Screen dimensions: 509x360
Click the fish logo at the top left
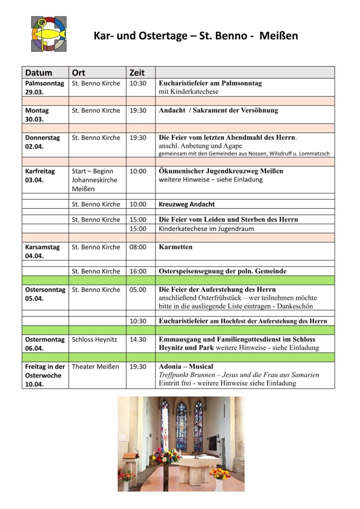[49, 34]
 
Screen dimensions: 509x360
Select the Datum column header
[39, 73]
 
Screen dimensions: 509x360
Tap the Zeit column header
[137, 73]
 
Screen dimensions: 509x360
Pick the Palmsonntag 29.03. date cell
[44, 87]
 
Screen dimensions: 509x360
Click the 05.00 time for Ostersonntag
[138, 289]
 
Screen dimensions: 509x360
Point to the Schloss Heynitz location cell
[94, 339]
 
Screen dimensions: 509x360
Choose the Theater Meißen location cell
[95, 366]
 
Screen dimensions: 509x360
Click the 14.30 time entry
[138, 339]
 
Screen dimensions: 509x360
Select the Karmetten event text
[176, 247]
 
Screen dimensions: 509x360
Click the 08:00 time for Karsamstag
[138, 247]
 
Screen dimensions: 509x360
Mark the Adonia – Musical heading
[186, 366]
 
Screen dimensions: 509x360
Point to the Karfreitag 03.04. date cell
[40, 175]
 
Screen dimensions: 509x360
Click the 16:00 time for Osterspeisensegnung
[138, 271]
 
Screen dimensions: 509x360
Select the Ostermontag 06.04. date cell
[45, 344]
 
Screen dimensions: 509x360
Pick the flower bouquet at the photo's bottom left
[126, 476]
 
